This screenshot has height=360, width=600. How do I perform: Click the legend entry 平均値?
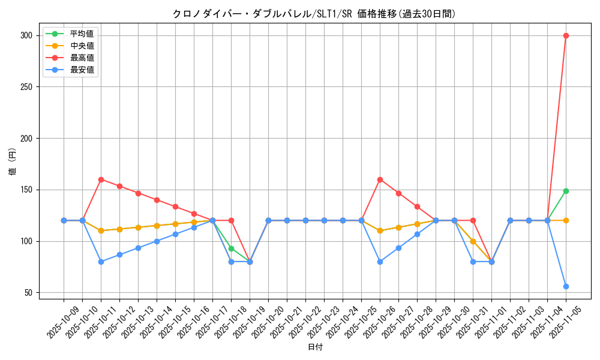coord(82,34)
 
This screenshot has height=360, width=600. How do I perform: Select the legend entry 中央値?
coord(82,46)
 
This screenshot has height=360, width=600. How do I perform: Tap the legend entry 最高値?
coord(82,58)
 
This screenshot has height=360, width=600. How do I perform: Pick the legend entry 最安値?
coord(82,70)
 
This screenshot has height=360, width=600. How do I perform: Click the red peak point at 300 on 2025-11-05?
coord(566,35)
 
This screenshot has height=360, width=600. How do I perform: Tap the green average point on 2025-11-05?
coord(566,191)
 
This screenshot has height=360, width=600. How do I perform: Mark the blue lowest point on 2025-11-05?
coord(566,286)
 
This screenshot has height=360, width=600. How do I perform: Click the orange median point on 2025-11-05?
coord(566,220)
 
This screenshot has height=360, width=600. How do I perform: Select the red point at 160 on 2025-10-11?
coord(101,179)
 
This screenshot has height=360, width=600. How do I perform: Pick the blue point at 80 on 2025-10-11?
coord(101,262)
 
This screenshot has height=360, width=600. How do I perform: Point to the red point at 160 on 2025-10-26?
coord(380,179)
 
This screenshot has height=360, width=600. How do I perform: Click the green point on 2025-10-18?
coord(231,248)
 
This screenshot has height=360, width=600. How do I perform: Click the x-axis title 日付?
coord(315,347)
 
